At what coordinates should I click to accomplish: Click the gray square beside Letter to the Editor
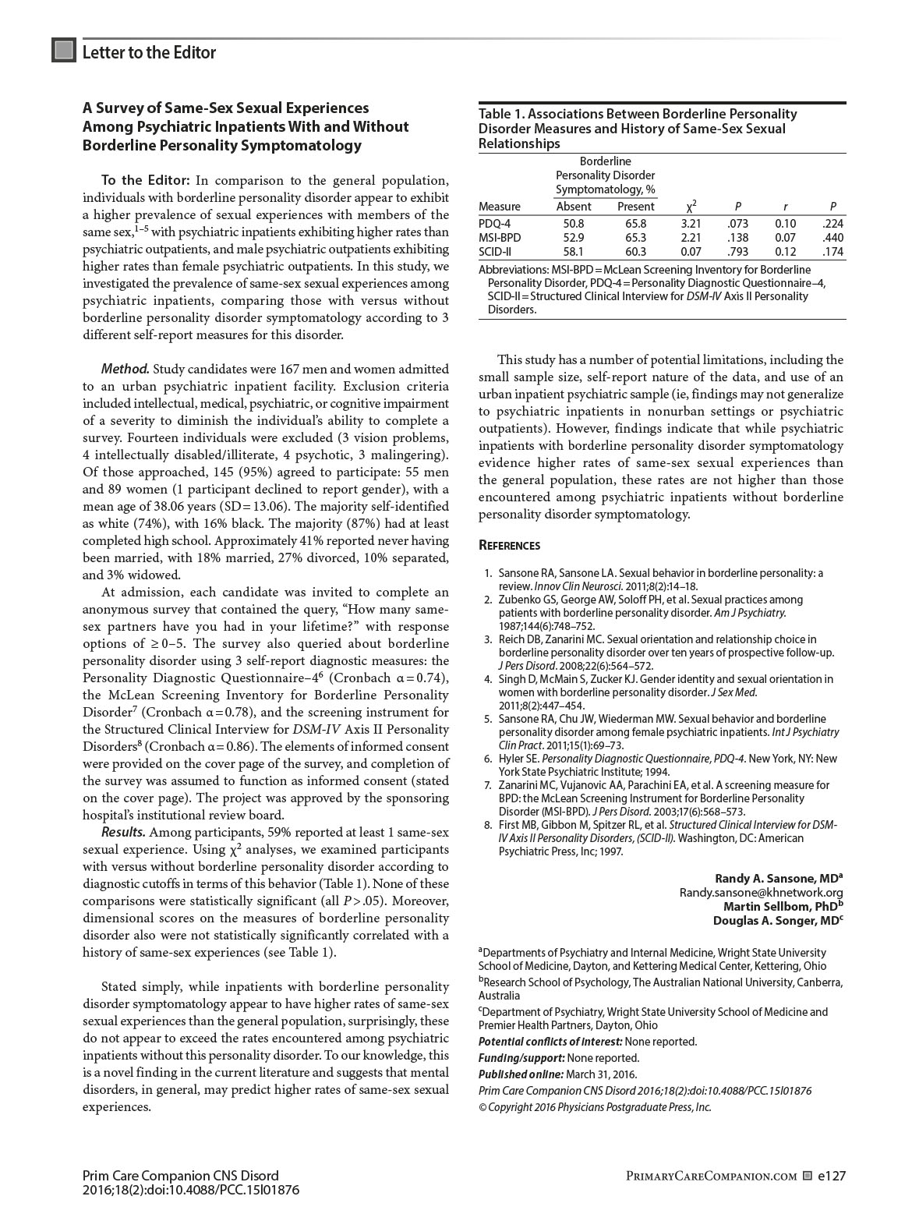click(64, 51)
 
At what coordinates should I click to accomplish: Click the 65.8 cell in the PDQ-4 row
click(631, 224)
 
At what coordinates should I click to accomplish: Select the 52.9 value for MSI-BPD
click(573, 238)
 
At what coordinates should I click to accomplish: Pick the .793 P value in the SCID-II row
click(737, 252)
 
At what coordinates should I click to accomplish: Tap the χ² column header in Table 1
click(691, 207)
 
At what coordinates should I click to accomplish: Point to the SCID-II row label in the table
click(495, 252)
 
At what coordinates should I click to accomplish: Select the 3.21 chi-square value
click(691, 224)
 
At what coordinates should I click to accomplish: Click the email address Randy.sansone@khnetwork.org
click(761, 892)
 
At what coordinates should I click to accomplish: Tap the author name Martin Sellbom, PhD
click(783, 906)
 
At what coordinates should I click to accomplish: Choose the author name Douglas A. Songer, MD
click(777, 920)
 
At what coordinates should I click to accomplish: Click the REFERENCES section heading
click(509, 546)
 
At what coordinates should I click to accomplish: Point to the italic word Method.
click(125, 369)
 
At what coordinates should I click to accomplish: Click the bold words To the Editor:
click(146, 181)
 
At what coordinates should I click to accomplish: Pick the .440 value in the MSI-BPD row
click(832, 238)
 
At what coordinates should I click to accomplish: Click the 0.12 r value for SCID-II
click(785, 252)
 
